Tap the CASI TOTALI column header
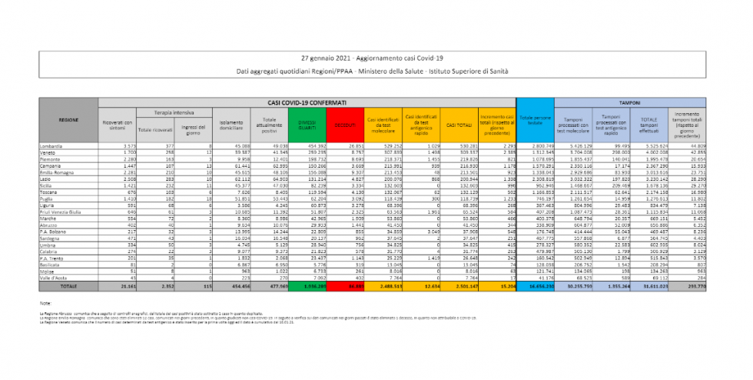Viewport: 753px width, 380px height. pos(459,123)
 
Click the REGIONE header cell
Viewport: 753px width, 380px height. pos(68,120)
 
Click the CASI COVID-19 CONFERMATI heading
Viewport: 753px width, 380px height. pos(307,102)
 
